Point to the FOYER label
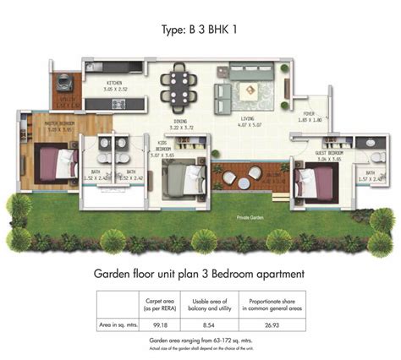(x=309, y=117)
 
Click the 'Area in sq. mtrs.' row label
(x=118, y=323)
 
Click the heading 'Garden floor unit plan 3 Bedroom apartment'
(x=200, y=274)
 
